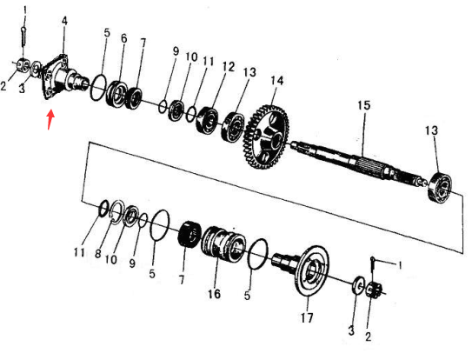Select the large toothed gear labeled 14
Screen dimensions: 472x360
(x=266, y=137)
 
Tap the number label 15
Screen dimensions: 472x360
(x=364, y=105)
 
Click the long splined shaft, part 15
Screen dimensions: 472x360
(x=358, y=163)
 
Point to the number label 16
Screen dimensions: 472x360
(x=214, y=294)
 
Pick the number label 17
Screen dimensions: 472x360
(x=307, y=317)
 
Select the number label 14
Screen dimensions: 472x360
(x=277, y=81)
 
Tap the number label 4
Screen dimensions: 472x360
(x=64, y=21)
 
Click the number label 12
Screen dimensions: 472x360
(x=229, y=67)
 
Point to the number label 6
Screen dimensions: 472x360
(x=123, y=38)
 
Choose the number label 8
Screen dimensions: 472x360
(x=98, y=254)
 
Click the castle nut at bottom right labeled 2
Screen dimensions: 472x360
(x=375, y=291)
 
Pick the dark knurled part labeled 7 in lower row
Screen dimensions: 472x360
(x=189, y=235)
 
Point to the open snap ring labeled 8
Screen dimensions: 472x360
(x=117, y=212)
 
